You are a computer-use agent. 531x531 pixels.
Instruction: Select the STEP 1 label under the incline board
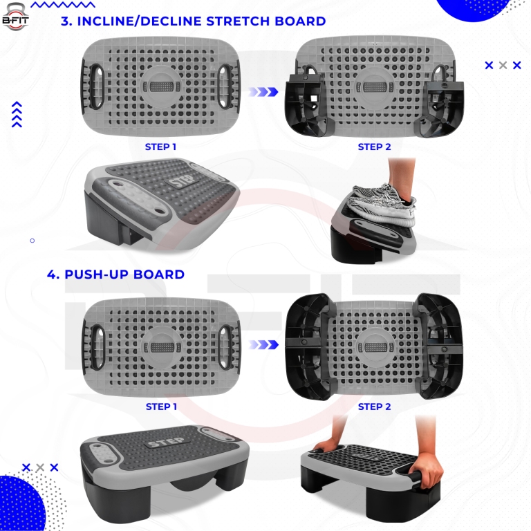[160, 147]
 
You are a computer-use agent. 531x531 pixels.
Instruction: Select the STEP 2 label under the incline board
[374, 147]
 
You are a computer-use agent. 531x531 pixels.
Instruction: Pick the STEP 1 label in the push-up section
[161, 407]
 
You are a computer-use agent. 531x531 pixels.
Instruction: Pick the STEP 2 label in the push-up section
[374, 407]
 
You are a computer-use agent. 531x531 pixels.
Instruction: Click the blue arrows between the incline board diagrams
[263, 91]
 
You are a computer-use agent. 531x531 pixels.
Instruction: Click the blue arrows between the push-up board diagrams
[263, 344]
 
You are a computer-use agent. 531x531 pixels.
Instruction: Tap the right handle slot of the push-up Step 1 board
[225, 339]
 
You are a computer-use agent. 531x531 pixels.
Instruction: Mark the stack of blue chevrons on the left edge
[17, 115]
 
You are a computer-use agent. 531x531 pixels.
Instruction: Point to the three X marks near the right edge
[503, 65]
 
